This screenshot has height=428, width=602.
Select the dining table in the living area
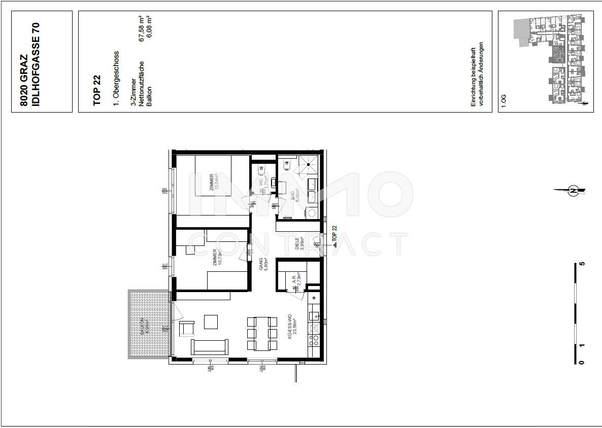[262, 333]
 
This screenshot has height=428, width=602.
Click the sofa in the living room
[209, 347]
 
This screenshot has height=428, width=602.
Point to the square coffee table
[211, 322]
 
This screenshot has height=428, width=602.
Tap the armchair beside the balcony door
[187, 329]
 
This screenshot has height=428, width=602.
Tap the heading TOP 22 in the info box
[97, 90]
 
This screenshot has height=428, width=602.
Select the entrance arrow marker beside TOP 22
[334, 244]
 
